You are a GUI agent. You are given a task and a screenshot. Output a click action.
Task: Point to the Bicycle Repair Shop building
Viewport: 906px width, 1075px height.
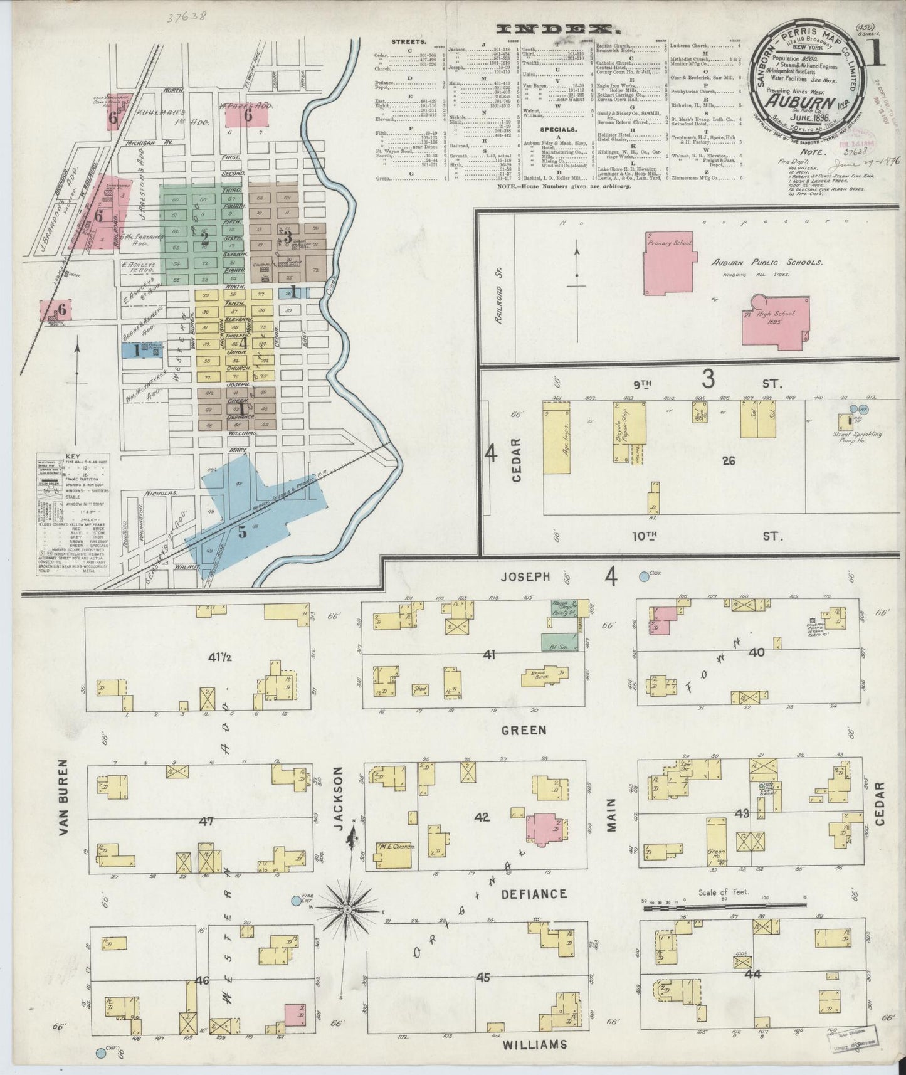click(x=629, y=432)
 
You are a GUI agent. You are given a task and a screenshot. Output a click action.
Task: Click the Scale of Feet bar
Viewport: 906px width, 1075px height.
click(x=721, y=907)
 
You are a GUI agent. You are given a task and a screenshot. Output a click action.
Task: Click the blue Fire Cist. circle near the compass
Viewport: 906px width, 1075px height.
click(x=296, y=901)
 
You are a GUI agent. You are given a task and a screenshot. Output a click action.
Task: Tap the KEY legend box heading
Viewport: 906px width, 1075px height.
click(x=73, y=457)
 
